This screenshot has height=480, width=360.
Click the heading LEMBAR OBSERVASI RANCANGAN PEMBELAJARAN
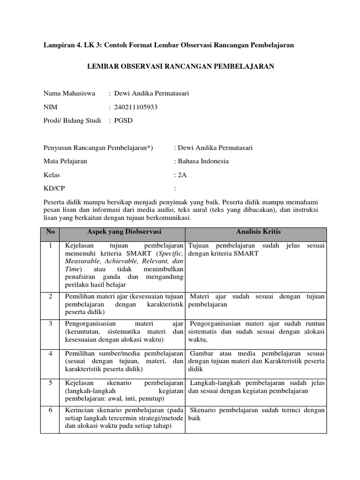tap(180, 67)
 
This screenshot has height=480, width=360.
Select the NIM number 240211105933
tap(136, 107)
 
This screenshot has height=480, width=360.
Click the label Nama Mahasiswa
tap(69, 94)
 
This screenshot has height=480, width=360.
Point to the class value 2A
tap(181, 175)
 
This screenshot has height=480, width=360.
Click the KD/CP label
tap(54, 188)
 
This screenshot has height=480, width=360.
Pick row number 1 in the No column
tap(51, 246)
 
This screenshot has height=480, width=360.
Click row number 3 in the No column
tap(51, 324)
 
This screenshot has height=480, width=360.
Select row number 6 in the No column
tap(51, 410)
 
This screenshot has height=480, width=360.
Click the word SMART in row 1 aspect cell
tap(132, 254)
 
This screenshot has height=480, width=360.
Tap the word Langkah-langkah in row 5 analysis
tap(213, 382)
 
